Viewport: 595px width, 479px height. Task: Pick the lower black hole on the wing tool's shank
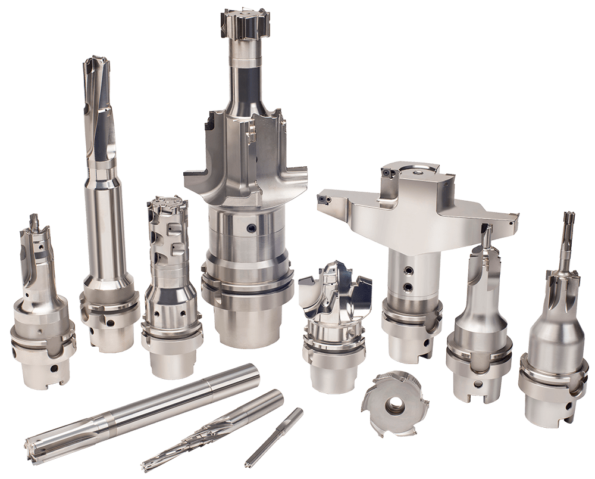click(408, 288)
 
